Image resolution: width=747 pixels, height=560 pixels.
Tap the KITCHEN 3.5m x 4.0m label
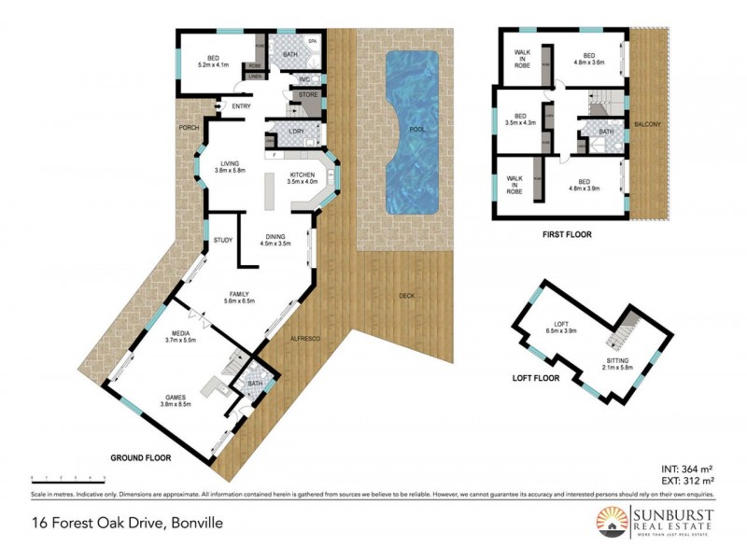pos(303,179)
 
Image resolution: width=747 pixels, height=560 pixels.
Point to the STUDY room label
pos(222,240)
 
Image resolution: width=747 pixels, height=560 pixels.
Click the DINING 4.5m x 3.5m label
pos(277,239)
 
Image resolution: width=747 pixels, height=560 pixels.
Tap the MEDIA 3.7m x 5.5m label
pos(181,338)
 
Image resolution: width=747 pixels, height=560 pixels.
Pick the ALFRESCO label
pos(305,337)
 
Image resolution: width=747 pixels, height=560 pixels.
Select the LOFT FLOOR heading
pos(537,379)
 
